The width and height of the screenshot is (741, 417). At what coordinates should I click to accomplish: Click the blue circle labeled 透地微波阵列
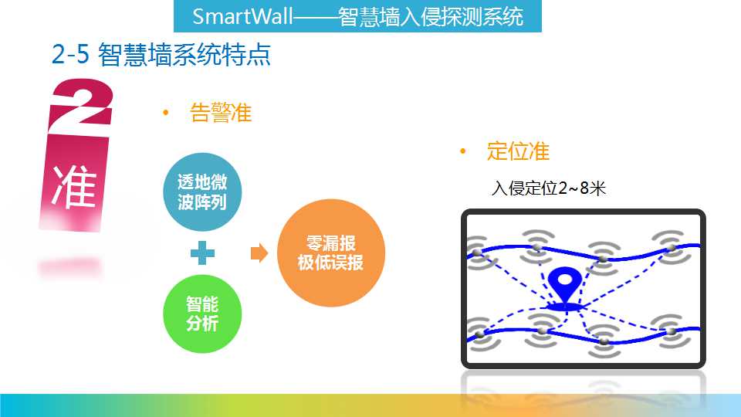pos(202,192)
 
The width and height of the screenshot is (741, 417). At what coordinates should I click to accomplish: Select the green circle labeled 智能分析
pos(202,314)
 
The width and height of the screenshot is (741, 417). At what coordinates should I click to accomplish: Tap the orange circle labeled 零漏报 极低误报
pos(331,253)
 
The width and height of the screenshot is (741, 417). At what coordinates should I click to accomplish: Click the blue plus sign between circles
pos(202,253)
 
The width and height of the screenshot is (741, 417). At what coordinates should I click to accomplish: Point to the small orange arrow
pos(259,253)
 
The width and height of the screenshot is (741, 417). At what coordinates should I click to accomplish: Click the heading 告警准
pos(221,113)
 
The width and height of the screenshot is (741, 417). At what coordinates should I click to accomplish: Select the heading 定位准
pos(518,151)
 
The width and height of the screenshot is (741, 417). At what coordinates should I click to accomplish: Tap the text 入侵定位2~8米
pos(548,188)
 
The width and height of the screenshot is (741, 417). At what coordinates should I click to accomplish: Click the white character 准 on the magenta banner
pos(74,186)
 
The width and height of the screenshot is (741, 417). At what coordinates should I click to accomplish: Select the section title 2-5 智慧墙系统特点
pos(161,54)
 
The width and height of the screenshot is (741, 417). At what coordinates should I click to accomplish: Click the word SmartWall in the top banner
pos(242,16)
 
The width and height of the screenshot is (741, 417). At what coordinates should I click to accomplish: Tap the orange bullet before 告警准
pos(165,113)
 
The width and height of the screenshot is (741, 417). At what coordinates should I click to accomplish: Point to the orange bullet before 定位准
pos(462,151)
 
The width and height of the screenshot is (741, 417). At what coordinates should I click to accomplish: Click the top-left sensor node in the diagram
pos(477,253)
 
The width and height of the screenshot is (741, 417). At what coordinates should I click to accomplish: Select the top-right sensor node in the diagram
pos(671,247)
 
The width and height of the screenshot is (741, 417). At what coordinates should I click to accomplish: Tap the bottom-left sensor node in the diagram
pos(479,334)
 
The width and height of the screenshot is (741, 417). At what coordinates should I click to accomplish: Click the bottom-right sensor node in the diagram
pos(671,331)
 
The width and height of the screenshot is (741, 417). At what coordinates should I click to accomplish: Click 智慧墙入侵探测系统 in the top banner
pos(431,16)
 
